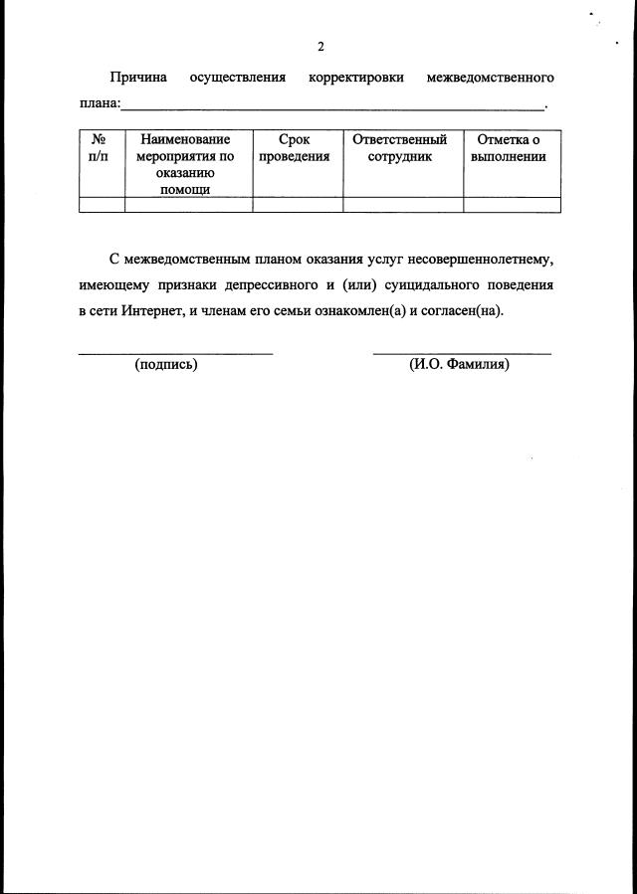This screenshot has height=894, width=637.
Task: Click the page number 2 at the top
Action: [x=319, y=47]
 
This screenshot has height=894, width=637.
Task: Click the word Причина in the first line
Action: [x=138, y=78]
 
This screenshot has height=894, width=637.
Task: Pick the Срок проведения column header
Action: [x=295, y=149]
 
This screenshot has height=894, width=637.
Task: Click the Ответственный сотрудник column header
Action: [x=400, y=149]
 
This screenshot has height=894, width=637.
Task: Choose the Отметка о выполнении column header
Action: [x=509, y=149]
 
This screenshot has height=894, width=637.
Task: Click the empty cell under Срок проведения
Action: [x=297, y=205]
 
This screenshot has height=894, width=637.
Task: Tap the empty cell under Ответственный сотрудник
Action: [x=402, y=205]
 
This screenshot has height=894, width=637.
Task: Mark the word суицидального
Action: [x=423, y=284]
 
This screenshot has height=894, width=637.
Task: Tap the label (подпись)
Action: [x=166, y=365]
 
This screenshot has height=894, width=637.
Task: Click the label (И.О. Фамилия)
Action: [x=459, y=365]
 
